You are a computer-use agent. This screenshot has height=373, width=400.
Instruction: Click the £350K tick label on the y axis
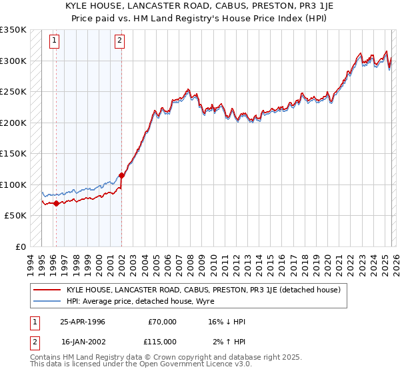point(13,30)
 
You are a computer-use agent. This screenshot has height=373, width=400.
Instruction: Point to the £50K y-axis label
point(15,216)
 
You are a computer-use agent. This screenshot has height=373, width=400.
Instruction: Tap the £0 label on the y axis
point(20,247)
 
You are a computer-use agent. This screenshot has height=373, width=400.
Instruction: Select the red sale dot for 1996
point(56,203)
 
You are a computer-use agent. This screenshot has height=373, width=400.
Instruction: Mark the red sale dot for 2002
point(121,176)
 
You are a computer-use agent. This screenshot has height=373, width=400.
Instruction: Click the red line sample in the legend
point(47,290)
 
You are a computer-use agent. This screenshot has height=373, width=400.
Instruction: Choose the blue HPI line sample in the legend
point(47,302)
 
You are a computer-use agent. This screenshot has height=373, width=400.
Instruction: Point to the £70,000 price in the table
point(162,322)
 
